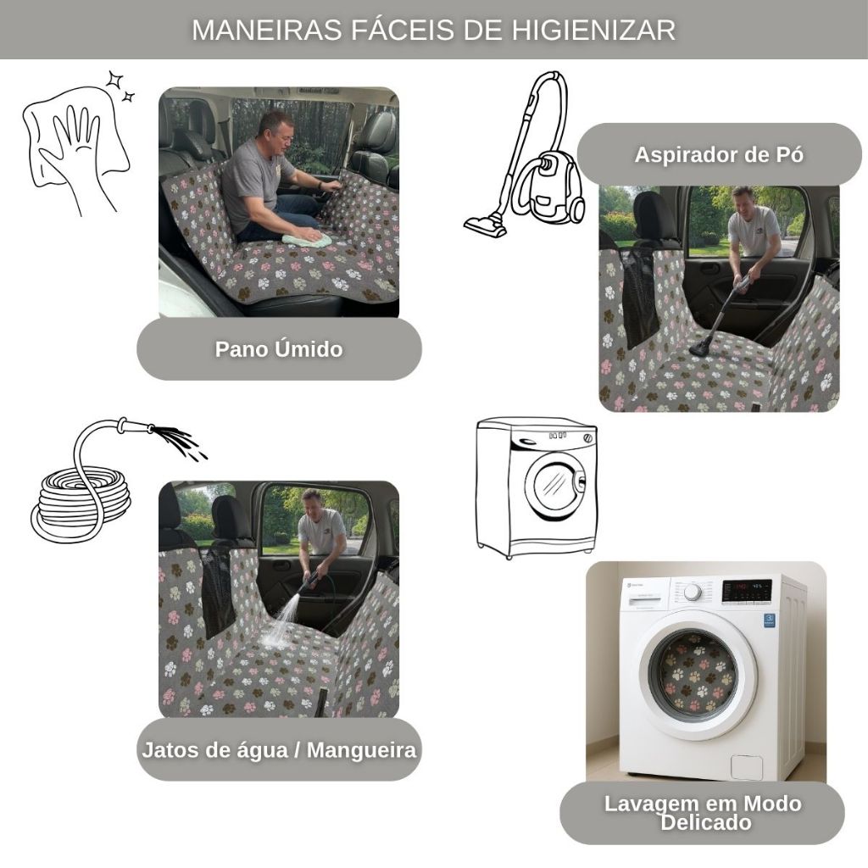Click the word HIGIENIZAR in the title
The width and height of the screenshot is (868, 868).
593,30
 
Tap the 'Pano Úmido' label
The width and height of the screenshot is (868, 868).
279,349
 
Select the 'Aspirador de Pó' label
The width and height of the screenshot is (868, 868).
719,154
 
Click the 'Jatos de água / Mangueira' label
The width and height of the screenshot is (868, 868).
279,750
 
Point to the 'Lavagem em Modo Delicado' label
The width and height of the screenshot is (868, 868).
703,813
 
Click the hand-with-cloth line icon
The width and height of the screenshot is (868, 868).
76,144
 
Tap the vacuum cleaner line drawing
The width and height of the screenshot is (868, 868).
525,155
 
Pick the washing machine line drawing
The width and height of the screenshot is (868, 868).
537,488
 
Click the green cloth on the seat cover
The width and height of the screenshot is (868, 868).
307,239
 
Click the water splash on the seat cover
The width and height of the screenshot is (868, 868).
281,625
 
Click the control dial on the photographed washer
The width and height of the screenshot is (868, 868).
693,592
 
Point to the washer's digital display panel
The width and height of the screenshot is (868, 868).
747,591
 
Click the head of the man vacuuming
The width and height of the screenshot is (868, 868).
743,200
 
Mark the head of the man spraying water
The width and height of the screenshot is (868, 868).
313,502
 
